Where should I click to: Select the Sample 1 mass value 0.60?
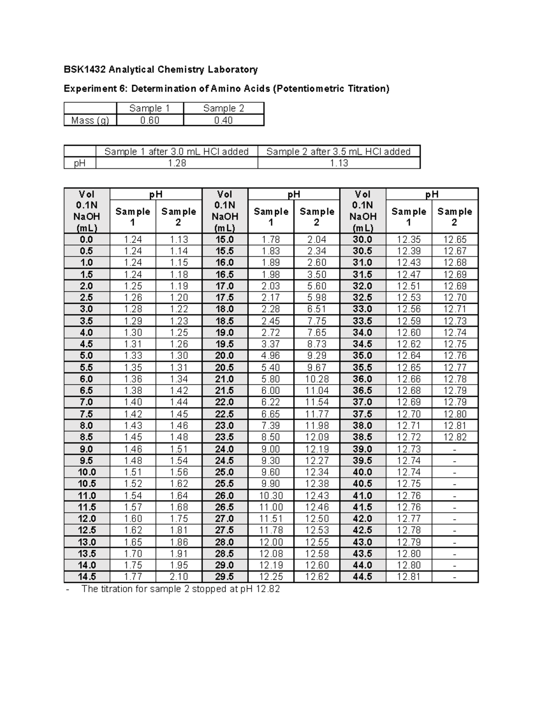tap(150, 121)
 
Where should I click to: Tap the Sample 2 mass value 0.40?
tap(224, 121)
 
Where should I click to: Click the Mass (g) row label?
tap(90, 121)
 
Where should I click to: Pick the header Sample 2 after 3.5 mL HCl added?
tap(338, 152)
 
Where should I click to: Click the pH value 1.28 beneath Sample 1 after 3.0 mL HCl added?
tap(177, 163)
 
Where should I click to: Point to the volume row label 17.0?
tap(224, 286)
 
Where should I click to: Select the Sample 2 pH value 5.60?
tap(317, 286)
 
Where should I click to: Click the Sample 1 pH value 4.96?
tap(271, 356)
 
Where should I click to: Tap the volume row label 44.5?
tap(363, 576)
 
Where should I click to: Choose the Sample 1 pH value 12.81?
tap(409, 576)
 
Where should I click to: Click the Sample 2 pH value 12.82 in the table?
tap(454, 437)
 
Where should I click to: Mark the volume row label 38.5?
tap(363, 437)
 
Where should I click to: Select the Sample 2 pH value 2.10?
tap(178, 576)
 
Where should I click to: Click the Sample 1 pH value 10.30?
tap(271, 496)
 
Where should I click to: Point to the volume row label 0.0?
tap(86, 240)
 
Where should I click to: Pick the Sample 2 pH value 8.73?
tap(317, 344)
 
